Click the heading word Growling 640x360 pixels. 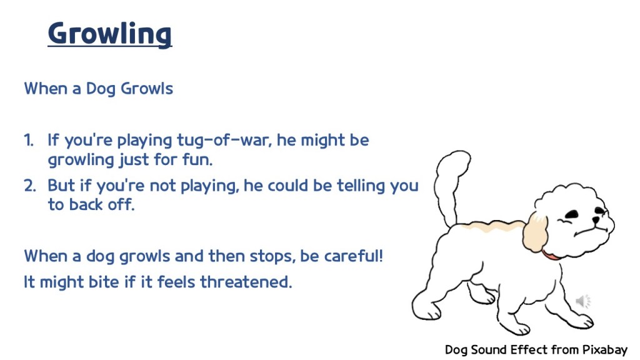tap(110, 34)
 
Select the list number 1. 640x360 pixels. tap(29, 141)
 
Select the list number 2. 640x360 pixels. tap(30, 186)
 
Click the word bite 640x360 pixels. tap(104, 282)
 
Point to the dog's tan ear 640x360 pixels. tap(535, 232)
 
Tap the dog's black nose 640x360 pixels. tap(597, 220)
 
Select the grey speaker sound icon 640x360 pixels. tap(583, 301)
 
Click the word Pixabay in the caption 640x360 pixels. tap(604, 350)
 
